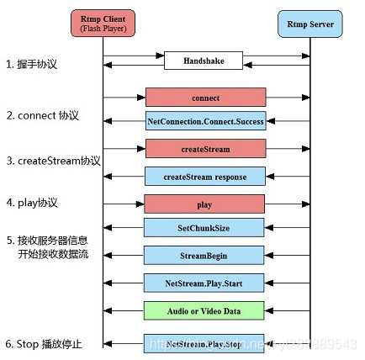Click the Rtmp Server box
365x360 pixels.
click(310, 24)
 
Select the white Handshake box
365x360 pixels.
click(205, 61)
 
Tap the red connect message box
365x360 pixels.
click(205, 98)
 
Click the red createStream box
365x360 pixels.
click(205, 149)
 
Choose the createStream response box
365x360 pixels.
click(205, 176)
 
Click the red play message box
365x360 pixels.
click(205, 203)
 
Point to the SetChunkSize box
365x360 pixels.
click(205, 227)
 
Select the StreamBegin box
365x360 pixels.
click(205, 254)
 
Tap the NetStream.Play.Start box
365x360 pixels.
click(205, 282)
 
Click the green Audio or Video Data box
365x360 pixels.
click(205, 310)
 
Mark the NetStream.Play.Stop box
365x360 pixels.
click(205, 343)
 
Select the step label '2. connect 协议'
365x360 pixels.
click(44, 115)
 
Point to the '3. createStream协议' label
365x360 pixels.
click(54, 160)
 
